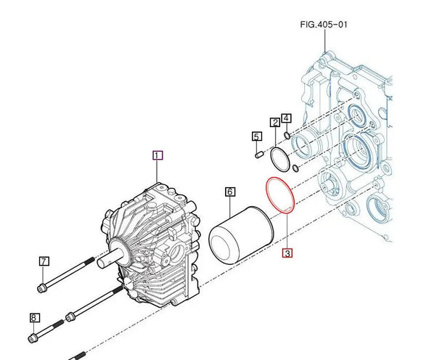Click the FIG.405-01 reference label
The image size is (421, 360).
[324, 24]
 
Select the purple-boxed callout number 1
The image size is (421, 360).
[158, 155]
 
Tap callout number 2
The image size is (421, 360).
[275, 123]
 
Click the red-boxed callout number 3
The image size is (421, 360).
[287, 118]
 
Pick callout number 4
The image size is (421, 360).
[256, 136]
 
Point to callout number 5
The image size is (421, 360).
[229, 192]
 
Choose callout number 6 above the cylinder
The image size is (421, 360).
[44, 261]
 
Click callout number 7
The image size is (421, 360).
[34, 318]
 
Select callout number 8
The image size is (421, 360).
[279, 195]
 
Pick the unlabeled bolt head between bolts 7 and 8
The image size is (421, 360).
[71, 316]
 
